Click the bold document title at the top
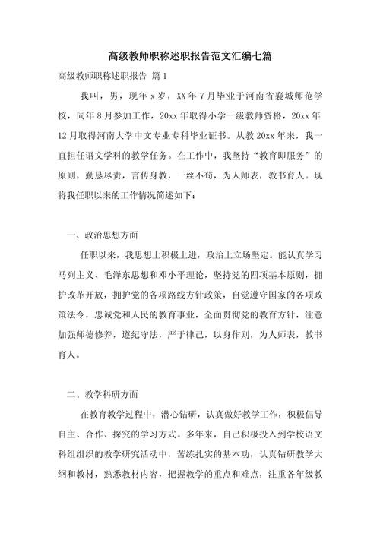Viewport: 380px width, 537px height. click(x=190, y=57)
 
